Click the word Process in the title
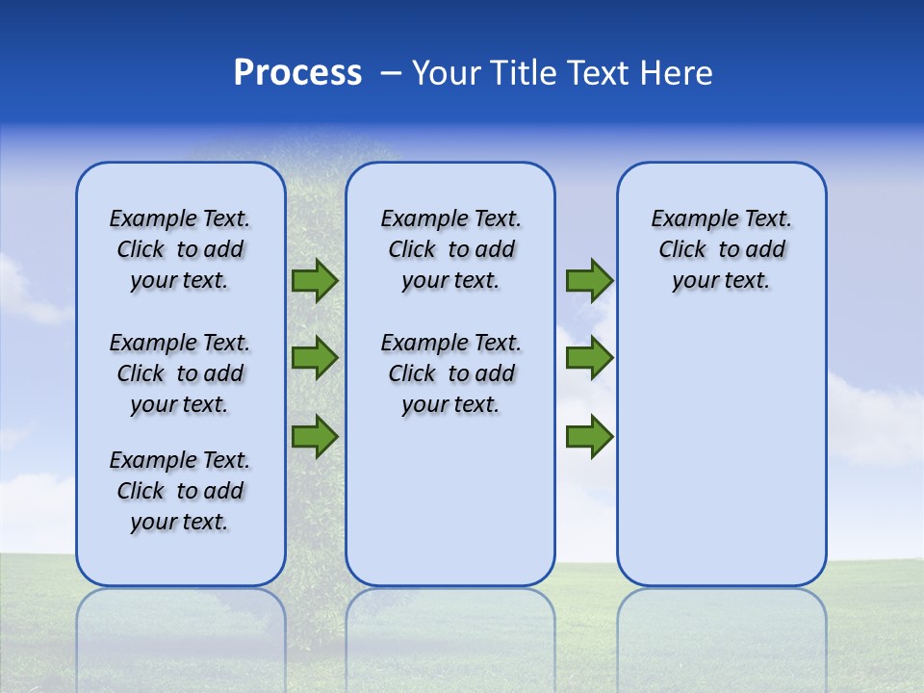click(x=297, y=73)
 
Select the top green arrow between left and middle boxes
click(x=315, y=281)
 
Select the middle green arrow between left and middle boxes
click(x=315, y=358)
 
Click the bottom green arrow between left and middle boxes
click(x=315, y=436)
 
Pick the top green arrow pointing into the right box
click(x=589, y=281)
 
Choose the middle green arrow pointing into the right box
click(x=589, y=358)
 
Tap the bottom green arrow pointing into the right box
click(x=589, y=436)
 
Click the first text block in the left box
click(x=180, y=249)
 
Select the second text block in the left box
click(x=180, y=373)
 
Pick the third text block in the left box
click(x=180, y=491)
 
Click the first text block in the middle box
click(x=450, y=249)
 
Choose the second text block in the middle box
click(x=450, y=373)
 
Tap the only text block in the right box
click(x=721, y=249)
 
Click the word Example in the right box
click(x=686, y=219)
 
